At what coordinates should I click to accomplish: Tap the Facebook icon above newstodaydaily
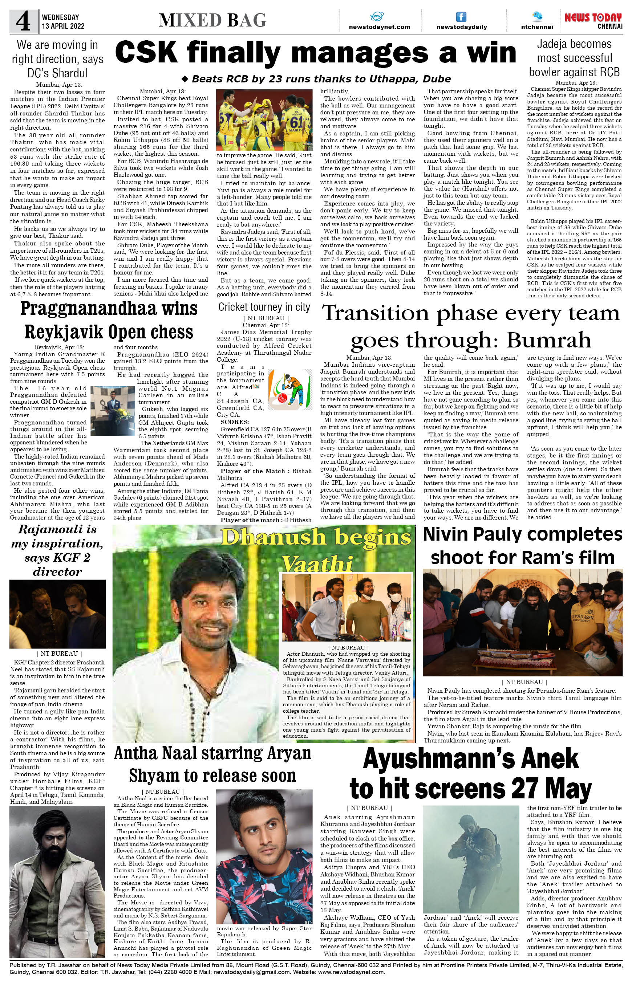pos(461,17)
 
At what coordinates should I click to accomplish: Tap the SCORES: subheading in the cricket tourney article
pos(234,422)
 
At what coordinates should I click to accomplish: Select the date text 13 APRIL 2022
pos(63,26)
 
